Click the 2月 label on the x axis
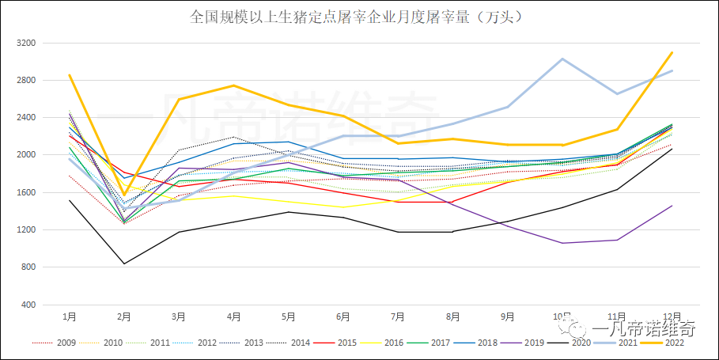point(124,316)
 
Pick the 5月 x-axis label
point(289,316)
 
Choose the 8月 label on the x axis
point(453,316)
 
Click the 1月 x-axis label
point(70,316)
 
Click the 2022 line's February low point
point(124,195)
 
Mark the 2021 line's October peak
point(562,59)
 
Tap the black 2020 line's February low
point(124,263)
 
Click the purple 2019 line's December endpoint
point(672,206)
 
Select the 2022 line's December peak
point(672,52)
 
